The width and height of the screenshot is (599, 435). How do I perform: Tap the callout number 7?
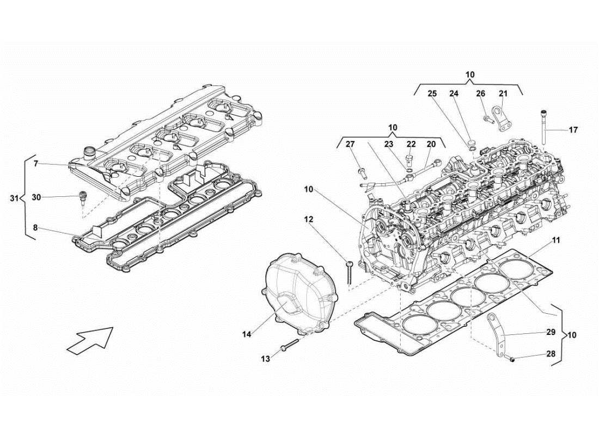35,164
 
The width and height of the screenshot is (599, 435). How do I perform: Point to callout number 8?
35,228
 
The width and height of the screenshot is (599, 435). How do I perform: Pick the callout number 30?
36,197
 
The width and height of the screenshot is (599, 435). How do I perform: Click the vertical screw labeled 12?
349,271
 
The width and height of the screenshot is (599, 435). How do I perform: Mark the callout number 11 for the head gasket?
555,240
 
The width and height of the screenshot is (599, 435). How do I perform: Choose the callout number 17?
573,130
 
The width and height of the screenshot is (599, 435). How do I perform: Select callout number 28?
551,354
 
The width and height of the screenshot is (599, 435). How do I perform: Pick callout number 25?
432,94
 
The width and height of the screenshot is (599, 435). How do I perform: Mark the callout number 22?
411,144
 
